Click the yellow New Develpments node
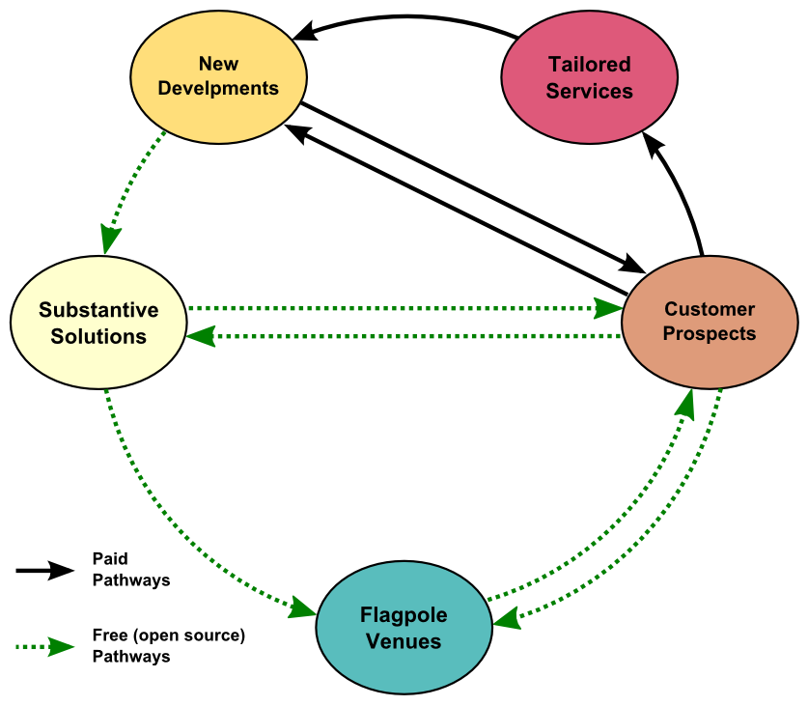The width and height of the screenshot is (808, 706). [x=218, y=76]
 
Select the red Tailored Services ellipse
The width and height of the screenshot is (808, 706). [x=589, y=78]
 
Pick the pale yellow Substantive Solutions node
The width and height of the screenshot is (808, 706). [x=98, y=323]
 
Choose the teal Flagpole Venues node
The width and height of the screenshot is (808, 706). [x=404, y=628]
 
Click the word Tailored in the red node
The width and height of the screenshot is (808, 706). [x=589, y=66]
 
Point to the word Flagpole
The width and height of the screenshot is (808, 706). [x=404, y=615]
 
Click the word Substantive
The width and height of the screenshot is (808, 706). [x=98, y=310]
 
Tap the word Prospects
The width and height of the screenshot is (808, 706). [x=710, y=334]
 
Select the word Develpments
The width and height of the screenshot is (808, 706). [x=218, y=89]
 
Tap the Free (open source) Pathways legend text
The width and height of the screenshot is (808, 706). [x=169, y=646]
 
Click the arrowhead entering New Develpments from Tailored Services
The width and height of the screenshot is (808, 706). [x=306, y=34]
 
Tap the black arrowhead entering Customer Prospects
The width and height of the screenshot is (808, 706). [x=633, y=263]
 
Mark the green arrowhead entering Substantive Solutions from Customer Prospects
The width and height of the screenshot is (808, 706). [x=201, y=337]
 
